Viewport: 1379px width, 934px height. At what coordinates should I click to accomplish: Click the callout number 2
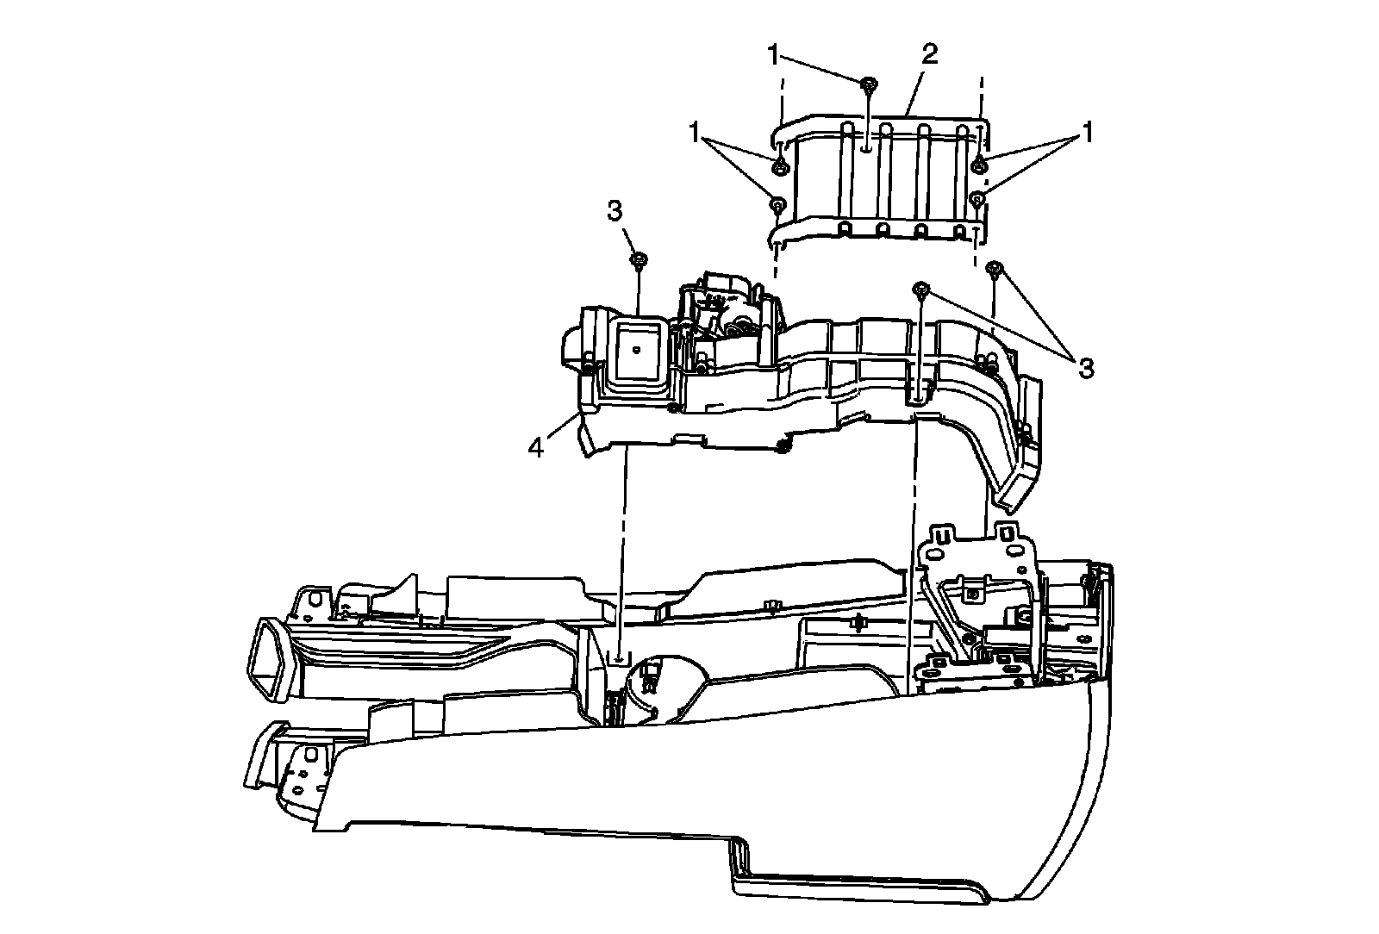[929, 55]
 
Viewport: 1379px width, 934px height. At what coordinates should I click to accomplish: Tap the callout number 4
[536, 448]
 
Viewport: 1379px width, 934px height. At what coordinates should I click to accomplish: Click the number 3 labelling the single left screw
[614, 212]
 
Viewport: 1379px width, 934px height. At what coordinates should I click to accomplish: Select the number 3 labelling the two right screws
[1086, 368]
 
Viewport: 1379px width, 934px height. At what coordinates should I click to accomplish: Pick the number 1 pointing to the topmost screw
[774, 56]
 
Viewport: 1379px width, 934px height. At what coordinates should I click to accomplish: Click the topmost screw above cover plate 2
[869, 84]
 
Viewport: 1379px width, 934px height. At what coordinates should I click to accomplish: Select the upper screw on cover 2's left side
[779, 165]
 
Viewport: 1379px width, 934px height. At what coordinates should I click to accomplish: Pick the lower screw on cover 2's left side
[777, 204]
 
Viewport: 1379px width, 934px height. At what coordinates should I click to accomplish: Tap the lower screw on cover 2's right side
[978, 200]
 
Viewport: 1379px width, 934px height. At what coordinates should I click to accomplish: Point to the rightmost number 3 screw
[995, 268]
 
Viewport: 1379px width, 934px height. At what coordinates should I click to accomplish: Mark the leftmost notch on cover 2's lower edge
[845, 230]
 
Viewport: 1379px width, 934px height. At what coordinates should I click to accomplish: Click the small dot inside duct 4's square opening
[634, 350]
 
